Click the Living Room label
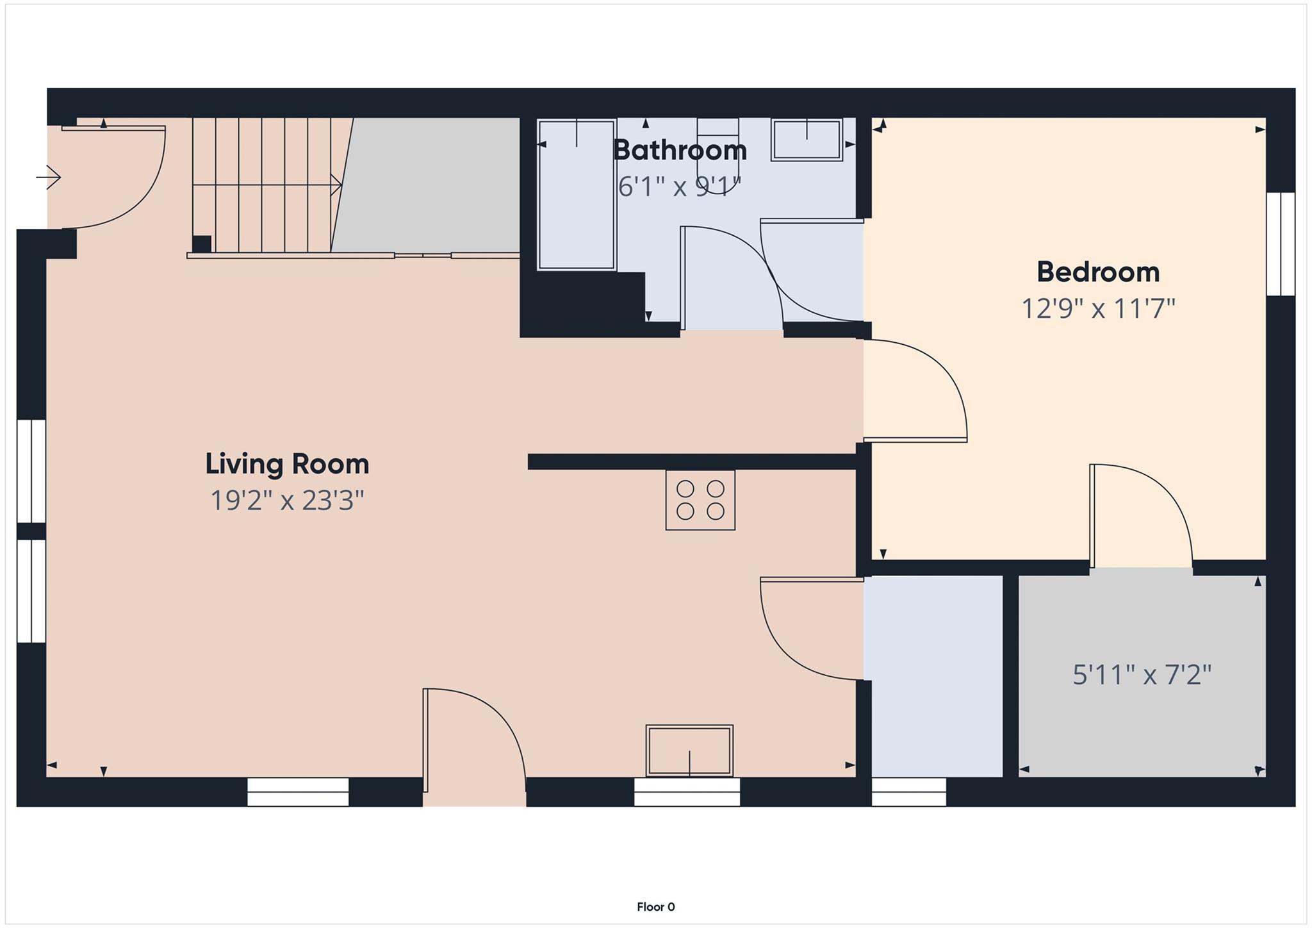coord(287,465)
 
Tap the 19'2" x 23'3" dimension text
coord(287,501)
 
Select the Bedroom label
coord(1098,272)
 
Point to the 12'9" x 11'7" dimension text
coord(1098,309)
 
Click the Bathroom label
coord(680,151)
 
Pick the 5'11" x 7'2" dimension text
coord(1142,675)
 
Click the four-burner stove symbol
coord(700,500)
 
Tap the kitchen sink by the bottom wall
coord(689,750)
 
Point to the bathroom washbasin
coord(807,140)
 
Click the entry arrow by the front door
coord(49,177)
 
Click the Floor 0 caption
coord(655,907)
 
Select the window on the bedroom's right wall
coord(1281,244)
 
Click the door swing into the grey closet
coord(1140,516)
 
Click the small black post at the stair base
coord(202,244)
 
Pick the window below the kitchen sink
coord(687,792)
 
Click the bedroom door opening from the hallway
coord(915,391)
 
